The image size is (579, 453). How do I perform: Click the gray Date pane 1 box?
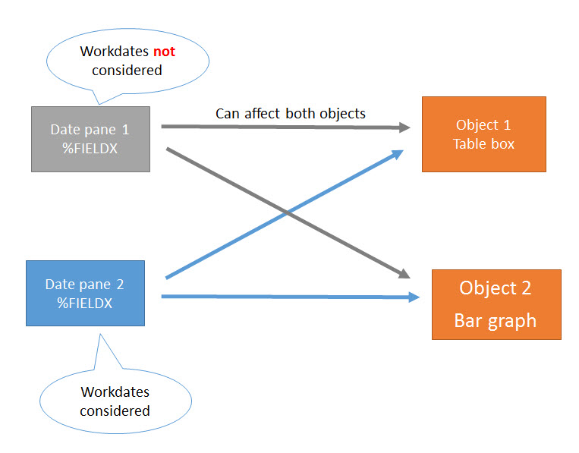pyautogui.click(x=90, y=139)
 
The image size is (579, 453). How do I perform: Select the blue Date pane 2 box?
pyautogui.click(x=85, y=293)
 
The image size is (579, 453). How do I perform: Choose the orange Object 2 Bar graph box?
pyautogui.click(x=496, y=304)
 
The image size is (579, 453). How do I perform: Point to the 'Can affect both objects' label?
pyautogui.click(x=290, y=114)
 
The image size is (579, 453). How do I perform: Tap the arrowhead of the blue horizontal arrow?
pyautogui.click(x=414, y=297)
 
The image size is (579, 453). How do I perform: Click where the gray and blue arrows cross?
pyautogui.click(x=286, y=214)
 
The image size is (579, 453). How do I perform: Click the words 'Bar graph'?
pyautogui.click(x=495, y=321)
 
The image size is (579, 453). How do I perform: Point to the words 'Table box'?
pyautogui.click(x=483, y=143)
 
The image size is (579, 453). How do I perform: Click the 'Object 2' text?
pyautogui.click(x=495, y=288)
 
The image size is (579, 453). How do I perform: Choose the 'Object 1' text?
pyautogui.click(x=477, y=125)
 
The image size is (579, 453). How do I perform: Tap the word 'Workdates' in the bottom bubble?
pyautogui.click(x=115, y=392)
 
